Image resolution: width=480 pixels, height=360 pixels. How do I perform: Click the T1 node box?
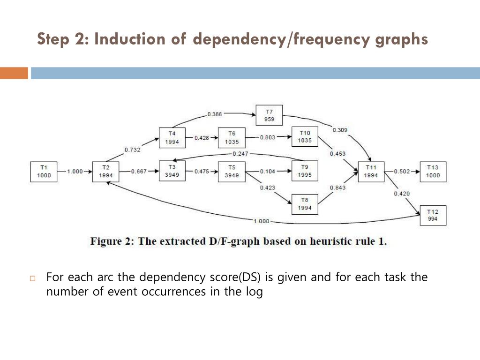point(44,172)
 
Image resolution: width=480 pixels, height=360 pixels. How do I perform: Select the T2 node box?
point(106,172)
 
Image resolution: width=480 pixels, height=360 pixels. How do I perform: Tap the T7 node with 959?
point(269,115)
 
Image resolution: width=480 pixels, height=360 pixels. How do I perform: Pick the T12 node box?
point(433,215)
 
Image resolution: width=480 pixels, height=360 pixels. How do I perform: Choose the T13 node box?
point(433,172)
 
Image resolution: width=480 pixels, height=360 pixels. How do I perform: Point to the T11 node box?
point(371,172)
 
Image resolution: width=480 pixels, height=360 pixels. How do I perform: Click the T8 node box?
point(304,204)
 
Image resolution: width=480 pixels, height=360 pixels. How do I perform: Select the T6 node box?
point(232,137)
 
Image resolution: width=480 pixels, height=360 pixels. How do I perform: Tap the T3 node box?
point(172,172)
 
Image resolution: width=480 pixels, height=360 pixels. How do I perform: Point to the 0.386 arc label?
point(214,114)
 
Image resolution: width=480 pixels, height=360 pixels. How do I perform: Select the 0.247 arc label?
point(240,154)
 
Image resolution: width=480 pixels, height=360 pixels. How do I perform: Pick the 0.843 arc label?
point(338,188)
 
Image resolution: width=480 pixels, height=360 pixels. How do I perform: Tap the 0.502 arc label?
point(402,172)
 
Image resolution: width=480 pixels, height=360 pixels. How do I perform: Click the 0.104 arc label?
point(268,172)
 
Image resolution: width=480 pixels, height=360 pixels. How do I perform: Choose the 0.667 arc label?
point(139,172)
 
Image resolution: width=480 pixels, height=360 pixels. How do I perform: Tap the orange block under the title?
point(14,73)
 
